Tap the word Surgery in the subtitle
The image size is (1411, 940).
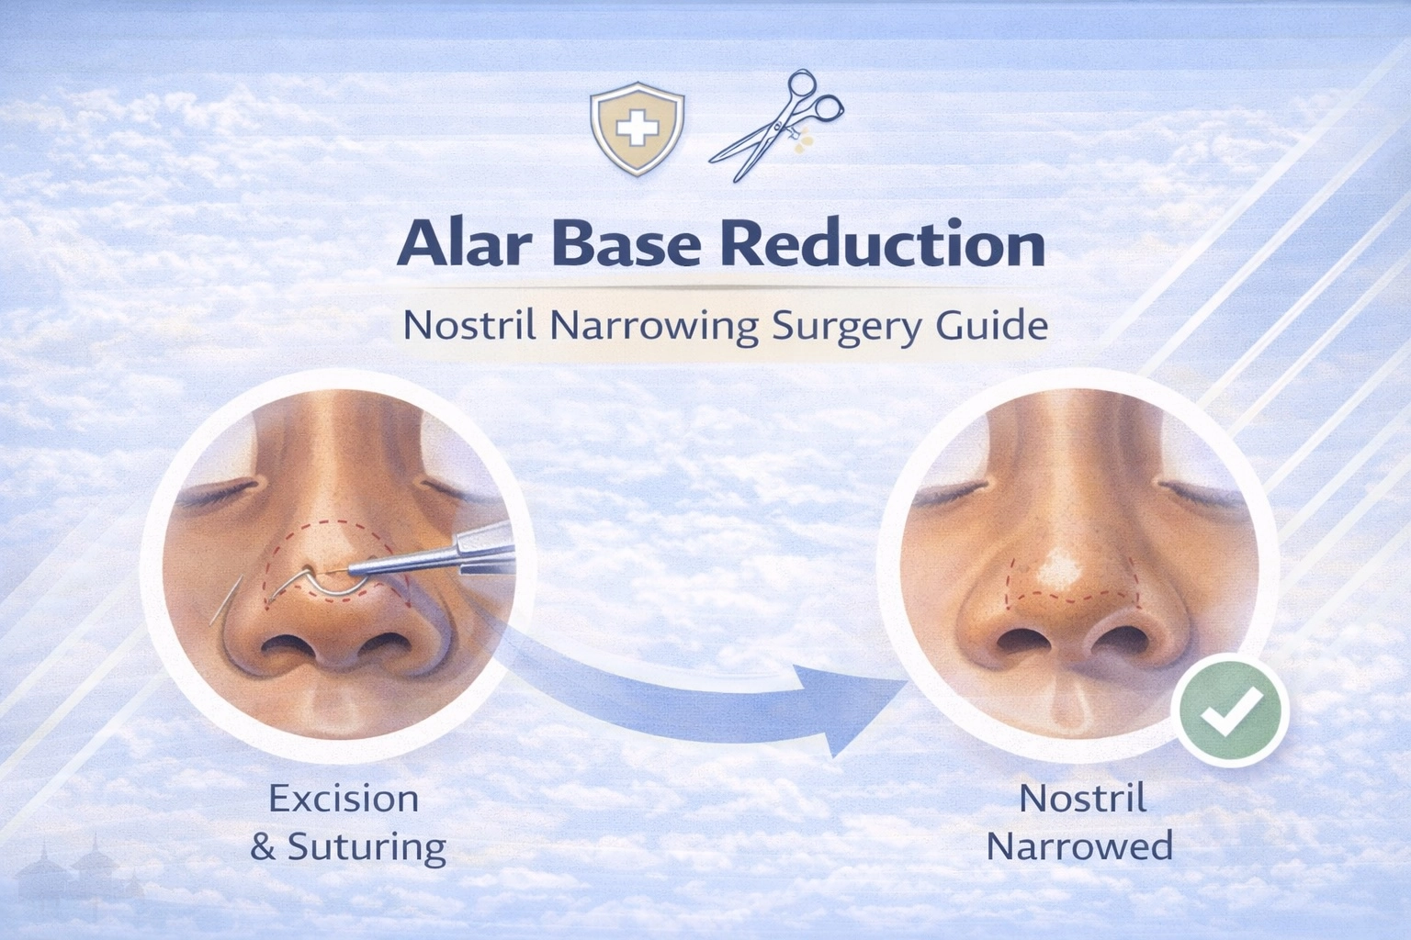click(x=843, y=328)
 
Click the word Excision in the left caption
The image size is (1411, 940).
click(x=344, y=799)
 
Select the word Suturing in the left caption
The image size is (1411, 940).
click(x=367, y=846)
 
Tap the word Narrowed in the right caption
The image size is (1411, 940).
click(x=1079, y=845)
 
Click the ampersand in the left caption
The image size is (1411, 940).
click(x=263, y=846)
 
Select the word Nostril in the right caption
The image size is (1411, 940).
click(x=1083, y=799)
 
